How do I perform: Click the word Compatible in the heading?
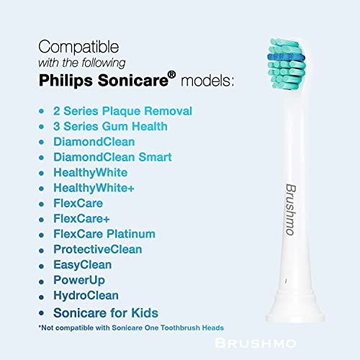[78, 47]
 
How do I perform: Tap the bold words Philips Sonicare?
[104, 80]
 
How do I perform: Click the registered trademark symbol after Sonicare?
[172, 75]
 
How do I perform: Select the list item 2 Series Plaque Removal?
[122, 111]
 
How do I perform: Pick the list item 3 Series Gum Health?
[110, 126]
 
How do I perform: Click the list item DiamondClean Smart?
[112, 157]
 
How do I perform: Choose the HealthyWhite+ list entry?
[94, 188]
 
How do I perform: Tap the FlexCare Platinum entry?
[104, 234]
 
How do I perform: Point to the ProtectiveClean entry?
[98, 249]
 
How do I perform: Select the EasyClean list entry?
[83, 265]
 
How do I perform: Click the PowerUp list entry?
[79, 280]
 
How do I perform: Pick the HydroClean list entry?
[86, 295]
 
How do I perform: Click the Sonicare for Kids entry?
[106, 313]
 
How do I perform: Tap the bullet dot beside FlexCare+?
[41, 220]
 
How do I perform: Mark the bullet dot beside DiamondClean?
[41, 143]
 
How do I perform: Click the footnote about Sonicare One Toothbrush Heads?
[131, 328]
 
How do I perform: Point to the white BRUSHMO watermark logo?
[256, 343]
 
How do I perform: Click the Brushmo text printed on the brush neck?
[290, 210]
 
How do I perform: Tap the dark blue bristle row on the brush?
[286, 58]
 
